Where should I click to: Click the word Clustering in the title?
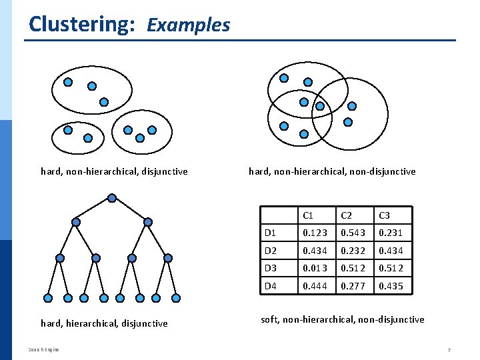click(x=83, y=24)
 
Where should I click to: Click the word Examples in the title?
click(x=188, y=25)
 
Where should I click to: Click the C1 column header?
click(x=308, y=215)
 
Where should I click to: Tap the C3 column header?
click(x=384, y=215)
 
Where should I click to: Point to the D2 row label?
click(x=271, y=251)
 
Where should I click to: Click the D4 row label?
click(x=271, y=286)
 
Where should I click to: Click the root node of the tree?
click(x=112, y=198)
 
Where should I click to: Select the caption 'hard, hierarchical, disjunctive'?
click(x=104, y=323)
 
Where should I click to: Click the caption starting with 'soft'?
click(x=342, y=319)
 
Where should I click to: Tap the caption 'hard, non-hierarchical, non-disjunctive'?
click(x=332, y=171)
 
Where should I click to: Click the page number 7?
click(x=449, y=350)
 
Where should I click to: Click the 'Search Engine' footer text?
click(x=44, y=349)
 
